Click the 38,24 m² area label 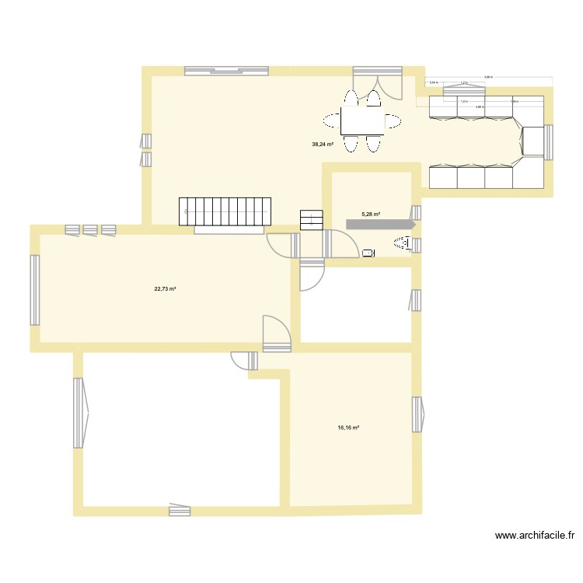click(322, 144)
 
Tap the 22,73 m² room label click(165, 288)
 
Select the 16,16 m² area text click(347, 427)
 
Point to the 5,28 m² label click(371, 215)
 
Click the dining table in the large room click(362, 121)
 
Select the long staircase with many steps click(226, 211)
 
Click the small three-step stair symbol click(312, 219)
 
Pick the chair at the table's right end click(394, 121)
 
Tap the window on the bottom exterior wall click(180, 510)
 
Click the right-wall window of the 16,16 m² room click(418, 414)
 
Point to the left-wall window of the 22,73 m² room click(35, 290)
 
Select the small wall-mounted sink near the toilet click(368, 252)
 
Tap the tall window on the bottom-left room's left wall click(79, 413)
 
